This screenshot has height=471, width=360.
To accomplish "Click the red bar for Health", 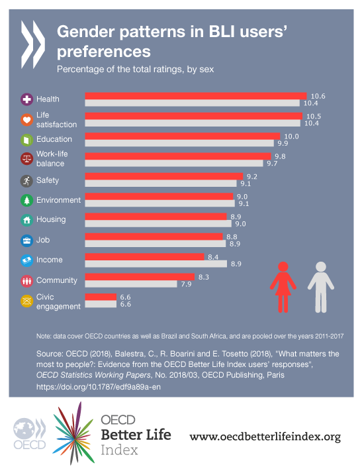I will [196, 96].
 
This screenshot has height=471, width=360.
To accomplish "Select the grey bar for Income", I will [156, 264].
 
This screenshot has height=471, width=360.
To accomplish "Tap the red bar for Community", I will [139, 277].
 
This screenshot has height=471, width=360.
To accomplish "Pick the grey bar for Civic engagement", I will [100, 304].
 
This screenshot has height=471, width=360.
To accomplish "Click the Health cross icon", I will [27, 99].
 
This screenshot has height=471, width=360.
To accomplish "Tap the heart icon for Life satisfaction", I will [27, 120].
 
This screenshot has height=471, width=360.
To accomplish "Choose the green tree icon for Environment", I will [27, 200].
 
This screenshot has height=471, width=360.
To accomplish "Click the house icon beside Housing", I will [27, 220].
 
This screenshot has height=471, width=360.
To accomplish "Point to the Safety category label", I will [48, 180].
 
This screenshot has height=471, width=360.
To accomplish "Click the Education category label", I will [54, 139].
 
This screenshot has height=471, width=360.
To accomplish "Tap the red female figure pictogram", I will [283, 286].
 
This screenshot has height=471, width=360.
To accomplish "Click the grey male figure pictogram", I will [321, 286].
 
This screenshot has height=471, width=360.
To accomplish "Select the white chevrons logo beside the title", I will [32, 40].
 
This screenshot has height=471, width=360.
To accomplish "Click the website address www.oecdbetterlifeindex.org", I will [265, 436].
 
